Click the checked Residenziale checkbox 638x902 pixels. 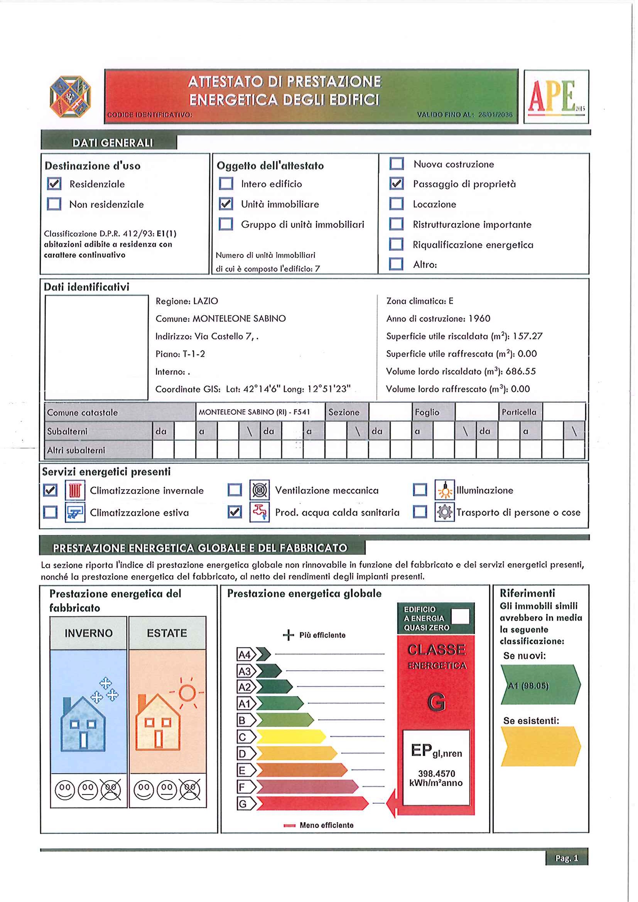point(54,184)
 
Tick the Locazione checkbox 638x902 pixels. point(396,204)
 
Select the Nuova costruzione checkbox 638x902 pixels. point(397,163)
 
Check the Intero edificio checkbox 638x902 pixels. point(226,183)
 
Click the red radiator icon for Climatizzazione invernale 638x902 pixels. point(75,490)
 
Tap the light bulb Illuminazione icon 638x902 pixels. point(445,490)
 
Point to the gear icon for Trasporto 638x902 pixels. point(445,512)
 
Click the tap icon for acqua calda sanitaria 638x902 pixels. point(260,512)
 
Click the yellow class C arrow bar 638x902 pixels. point(291,737)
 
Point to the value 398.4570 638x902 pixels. point(436,774)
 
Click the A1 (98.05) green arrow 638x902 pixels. point(540,686)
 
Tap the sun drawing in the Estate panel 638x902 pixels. point(187,693)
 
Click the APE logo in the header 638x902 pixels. point(556,97)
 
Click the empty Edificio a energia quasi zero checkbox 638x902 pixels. point(460,616)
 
